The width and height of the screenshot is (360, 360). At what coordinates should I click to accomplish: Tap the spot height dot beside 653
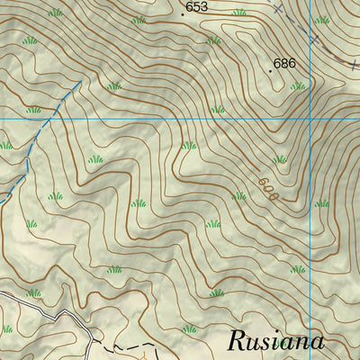tap(183, 13)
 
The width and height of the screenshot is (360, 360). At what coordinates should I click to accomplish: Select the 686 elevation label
tap(285, 63)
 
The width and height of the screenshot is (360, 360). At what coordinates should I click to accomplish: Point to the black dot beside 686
tap(270, 70)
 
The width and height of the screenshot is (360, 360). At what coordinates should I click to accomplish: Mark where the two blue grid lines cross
tap(309, 118)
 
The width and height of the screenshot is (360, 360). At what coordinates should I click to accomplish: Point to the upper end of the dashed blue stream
tap(82, 82)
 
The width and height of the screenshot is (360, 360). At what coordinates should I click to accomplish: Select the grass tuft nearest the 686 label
tap(297, 85)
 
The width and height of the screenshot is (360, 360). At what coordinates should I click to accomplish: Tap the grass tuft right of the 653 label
tap(239, 13)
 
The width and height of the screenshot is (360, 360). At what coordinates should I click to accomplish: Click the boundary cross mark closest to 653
tap(278, 8)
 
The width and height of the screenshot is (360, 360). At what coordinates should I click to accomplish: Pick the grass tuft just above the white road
tap(33, 292)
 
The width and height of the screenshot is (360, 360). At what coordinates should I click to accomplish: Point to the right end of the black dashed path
tap(155, 345)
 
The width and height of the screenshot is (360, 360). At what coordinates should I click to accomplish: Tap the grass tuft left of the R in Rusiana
tap(189, 329)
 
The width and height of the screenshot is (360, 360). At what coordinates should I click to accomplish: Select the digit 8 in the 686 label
tap(285, 63)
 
